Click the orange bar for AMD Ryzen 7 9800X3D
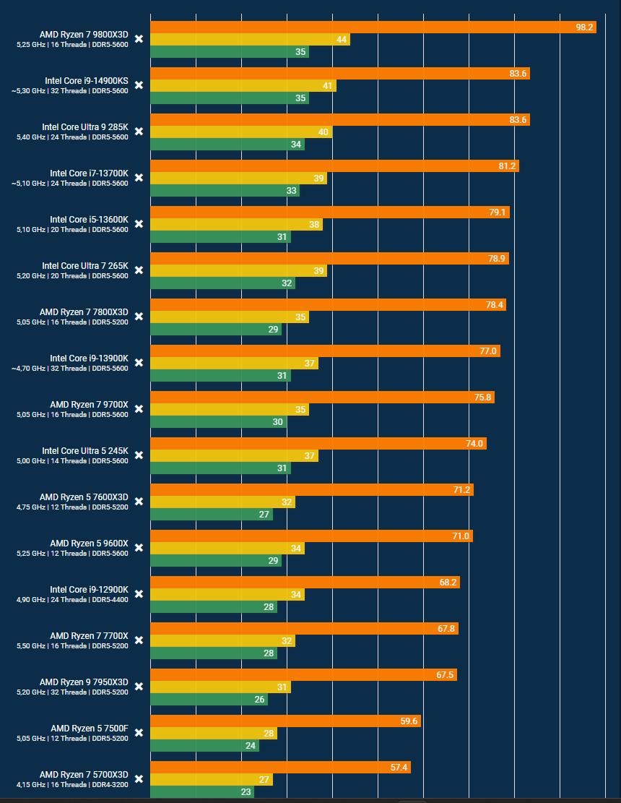pyautogui.click(x=373, y=27)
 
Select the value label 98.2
pyautogui.click(x=585, y=27)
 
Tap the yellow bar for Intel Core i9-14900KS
pyautogui.click(x=243, y=86)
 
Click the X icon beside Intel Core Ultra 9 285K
pyautogui.click(x=139, y=132)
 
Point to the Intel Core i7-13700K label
pyautogui.click(x=89, y=173)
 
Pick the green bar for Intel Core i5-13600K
pyautogui.click(x=220, y=237)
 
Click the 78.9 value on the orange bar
pyautogui.click(x=498, y=259)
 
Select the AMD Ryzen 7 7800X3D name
pyautogui.click(x=84, y=312)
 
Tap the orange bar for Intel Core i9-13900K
pyautogui.click(x=325, y=351)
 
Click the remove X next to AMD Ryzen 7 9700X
pyautogui.click(x=139, y=409)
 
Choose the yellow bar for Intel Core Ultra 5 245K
pyautogui.click(x=234, y=456)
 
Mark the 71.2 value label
pyautogui.click(x=462, y=490)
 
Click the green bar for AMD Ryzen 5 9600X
pyautogui.click(x=216, y=561)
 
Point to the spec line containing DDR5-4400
pyautogui.click(x=72, y=600)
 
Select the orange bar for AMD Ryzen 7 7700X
pyautogui.click(x=304, y=629)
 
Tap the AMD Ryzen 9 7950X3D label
pyautogui.click(x=84, y=682)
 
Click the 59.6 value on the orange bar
pyautogui.click(x=409, y=721)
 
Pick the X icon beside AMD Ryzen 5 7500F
pyautogui.click(x=139, y=733)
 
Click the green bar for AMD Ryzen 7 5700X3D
pyautogui.click(x=202, y=792)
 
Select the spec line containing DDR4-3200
pyautogui.click(x=72, y=785)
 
